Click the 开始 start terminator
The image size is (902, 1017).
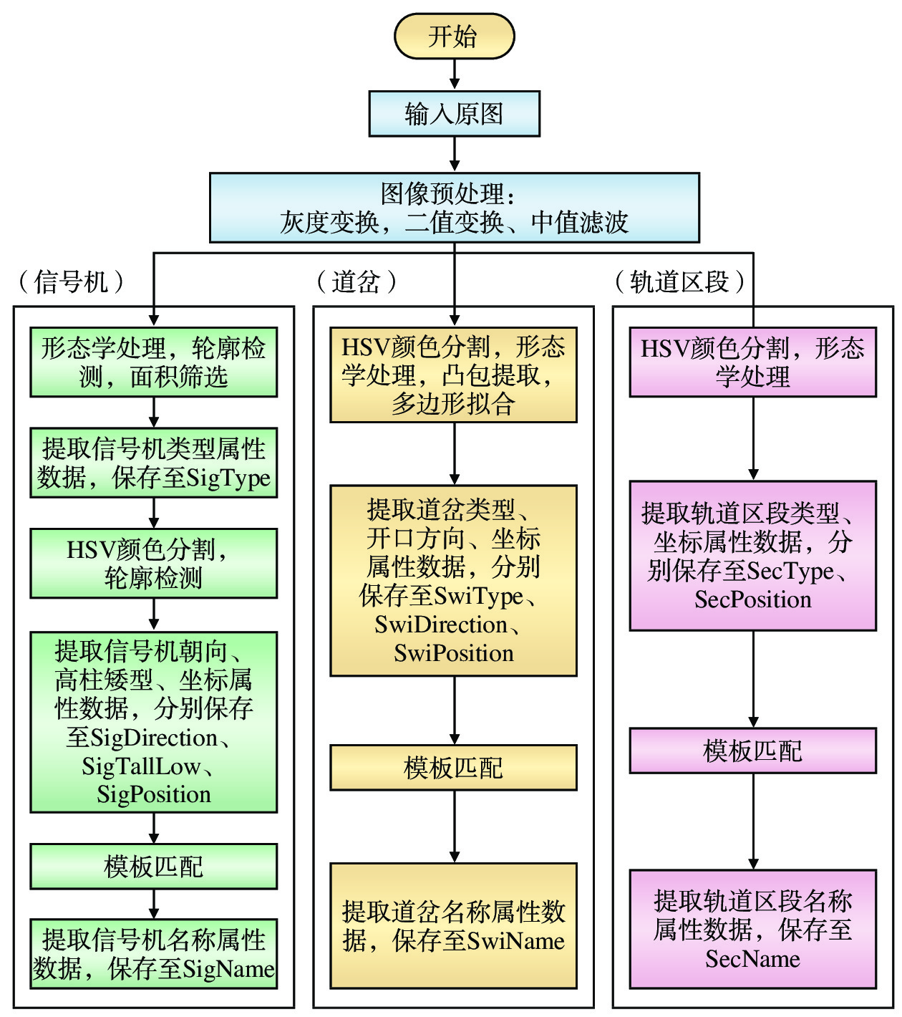[x=454, y=36]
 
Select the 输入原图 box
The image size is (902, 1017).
[x=454, y=114]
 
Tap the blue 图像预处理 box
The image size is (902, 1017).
[x=454, y=208]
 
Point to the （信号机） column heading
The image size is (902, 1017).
[x=71, y=281]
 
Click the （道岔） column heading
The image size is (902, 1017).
[x=356, y=281]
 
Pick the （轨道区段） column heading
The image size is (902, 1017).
[x=679, y=281]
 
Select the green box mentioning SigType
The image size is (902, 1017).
[x=153, y=463]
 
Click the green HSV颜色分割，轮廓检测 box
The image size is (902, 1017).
[x=153, y=563]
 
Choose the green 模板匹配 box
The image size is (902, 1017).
[x=153, y=867]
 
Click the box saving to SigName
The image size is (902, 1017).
[x=153, y=954]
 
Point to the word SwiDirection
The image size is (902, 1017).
[x=441, y=625]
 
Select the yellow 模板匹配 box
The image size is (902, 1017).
[x=453, y=768]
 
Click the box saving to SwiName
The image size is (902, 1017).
[x=453, y=925]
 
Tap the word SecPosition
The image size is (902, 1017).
[x=752, y=599]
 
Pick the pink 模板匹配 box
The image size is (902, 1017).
[x=752, y=751]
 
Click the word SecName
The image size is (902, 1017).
[x=752, y=959]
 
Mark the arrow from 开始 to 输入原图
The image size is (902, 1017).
[x=454, y=74]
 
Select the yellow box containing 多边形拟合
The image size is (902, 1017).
[x=453, y=375]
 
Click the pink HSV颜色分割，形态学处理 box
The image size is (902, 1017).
[x=752, y=362]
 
